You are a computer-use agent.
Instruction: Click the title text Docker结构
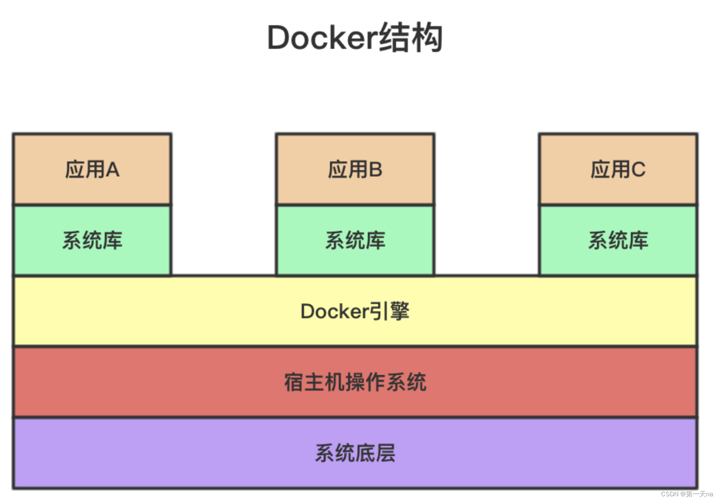[x=355, y=38]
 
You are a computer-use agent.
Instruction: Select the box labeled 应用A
[x=92, y=169]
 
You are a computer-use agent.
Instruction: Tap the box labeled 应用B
[x=355, y=169]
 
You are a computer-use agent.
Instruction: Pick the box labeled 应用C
[x=618, y=169]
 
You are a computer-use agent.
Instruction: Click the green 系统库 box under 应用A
[x=92, y=240]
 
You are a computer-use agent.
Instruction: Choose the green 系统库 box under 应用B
[x=355, y=240]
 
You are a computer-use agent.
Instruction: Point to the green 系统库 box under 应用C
[x=618, y=240]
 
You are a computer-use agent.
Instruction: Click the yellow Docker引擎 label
[x=355, y=311]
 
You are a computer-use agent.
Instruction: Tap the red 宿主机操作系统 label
[x=355, y=382]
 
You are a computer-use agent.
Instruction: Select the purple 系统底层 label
[x=355, y=453]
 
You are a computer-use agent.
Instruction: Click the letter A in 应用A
[x=112, y=170]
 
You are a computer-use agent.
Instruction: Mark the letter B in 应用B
[x=375, y=170]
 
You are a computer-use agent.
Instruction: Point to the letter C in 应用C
[x=638, y=170]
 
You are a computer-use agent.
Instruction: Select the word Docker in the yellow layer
[x=335, y=312]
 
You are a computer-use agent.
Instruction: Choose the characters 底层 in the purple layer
[x=375, y=453]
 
